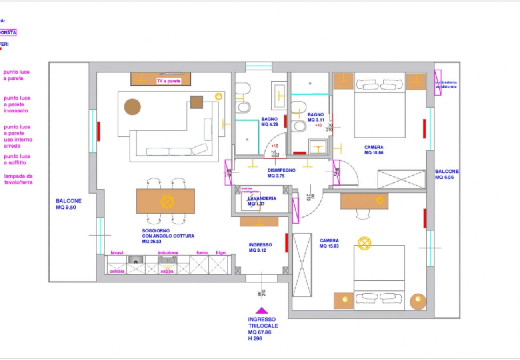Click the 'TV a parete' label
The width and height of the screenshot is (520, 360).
168,81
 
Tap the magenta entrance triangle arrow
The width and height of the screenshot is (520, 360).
262,310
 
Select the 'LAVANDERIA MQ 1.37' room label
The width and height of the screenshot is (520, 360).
262,201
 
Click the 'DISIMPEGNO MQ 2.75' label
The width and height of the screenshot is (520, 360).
281,173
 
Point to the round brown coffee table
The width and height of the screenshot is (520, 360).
132,107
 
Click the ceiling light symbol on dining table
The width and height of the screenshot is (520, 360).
167,201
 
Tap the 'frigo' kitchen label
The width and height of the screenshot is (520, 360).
221,253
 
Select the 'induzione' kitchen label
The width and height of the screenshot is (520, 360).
168,253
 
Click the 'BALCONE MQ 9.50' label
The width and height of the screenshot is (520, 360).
69,204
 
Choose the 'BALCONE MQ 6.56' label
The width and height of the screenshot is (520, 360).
447,174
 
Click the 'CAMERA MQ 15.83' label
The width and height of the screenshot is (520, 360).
329,243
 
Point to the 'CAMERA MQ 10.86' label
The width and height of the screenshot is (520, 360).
374,150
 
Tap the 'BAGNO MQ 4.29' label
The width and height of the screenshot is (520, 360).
270,122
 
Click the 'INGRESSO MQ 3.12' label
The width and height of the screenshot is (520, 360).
260,247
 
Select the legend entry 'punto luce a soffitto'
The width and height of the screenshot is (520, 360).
17,160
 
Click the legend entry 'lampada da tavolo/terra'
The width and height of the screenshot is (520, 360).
18,179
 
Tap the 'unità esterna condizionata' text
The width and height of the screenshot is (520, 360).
446,84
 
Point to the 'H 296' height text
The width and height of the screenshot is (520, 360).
255,338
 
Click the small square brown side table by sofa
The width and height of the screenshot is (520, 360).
196,102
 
